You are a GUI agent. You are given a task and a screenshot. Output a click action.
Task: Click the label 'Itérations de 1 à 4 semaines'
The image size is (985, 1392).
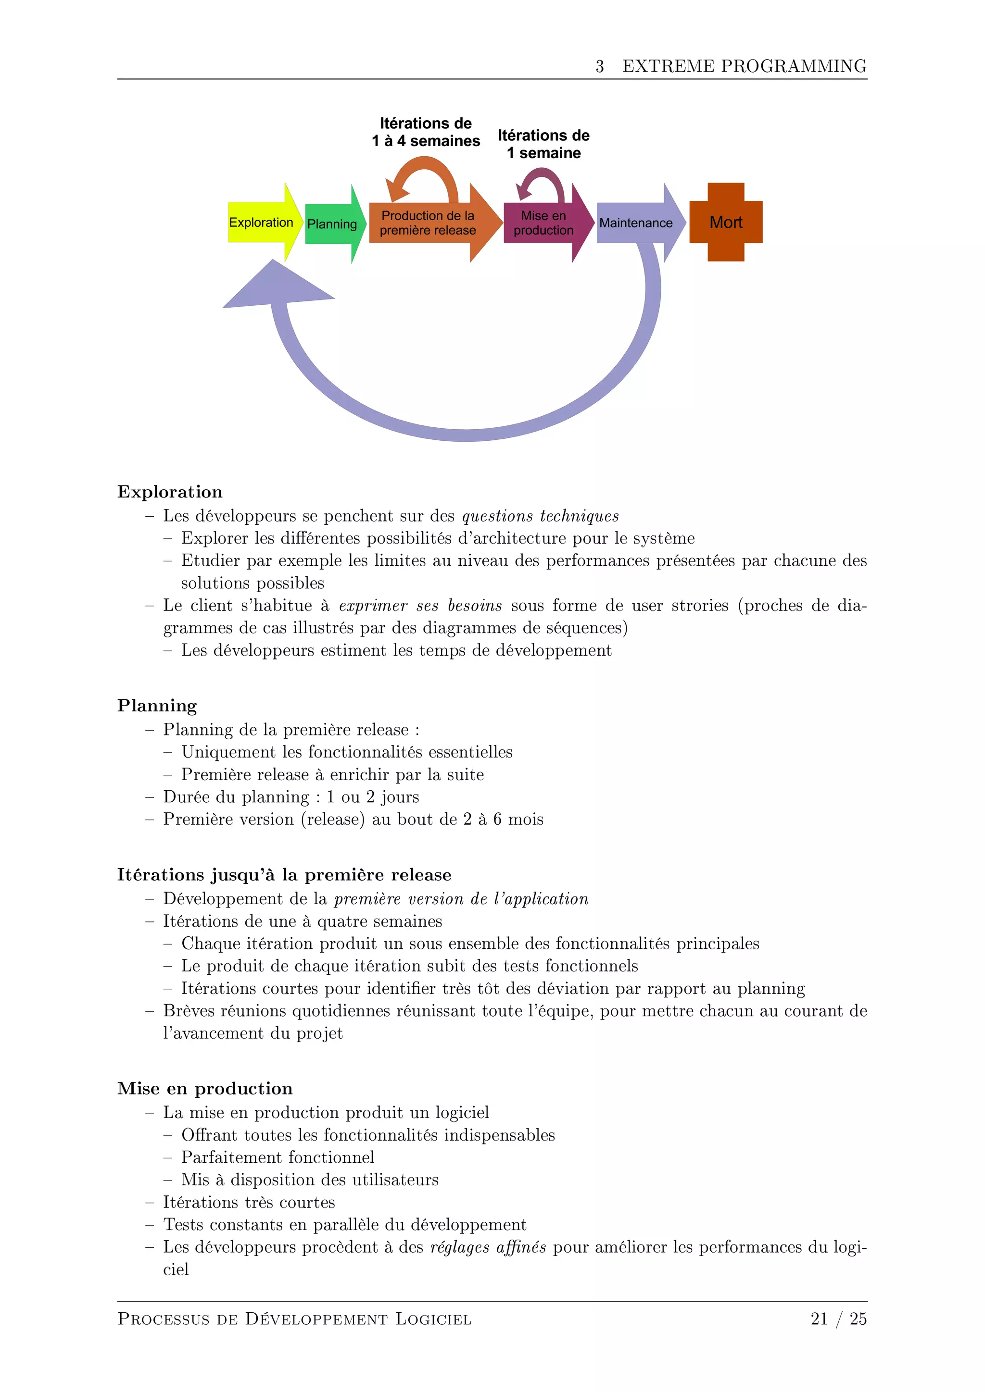(426, 132)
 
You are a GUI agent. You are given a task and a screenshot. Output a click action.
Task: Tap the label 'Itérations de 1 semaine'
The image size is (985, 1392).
(543, 144)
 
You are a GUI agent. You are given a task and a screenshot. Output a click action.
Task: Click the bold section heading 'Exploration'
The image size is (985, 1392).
(170, 492)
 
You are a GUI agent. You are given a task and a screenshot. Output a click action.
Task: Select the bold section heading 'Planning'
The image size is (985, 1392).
(157, 706)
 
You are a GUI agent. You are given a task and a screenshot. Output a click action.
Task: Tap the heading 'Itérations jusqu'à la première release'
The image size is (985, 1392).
(284, 875)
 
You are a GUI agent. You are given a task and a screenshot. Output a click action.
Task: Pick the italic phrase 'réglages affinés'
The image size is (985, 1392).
(488, 1247)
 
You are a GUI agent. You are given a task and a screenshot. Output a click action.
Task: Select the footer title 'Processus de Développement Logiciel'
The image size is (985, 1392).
(294, 1319)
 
